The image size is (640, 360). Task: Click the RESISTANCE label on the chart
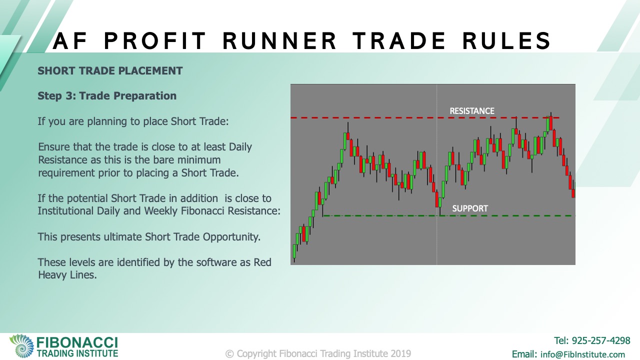(x=472, y=111)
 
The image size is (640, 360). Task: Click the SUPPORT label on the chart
(x=470, y=208)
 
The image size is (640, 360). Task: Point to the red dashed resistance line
(x=425, y=117)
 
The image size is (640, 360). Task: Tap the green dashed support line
(x=448, y=215)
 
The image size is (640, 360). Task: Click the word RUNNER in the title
(x=279, y=40)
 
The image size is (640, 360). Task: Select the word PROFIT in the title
(x=154, y=40)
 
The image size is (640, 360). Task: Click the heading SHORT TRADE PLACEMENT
(x=110, y=71)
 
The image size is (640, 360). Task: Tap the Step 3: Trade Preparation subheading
(x=107, y=96)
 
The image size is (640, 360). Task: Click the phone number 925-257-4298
(x=601, y=340)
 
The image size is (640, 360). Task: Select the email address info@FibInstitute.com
(x=582, y=354)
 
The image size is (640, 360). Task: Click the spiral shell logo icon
(x=21, y=346)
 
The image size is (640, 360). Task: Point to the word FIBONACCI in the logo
(x=77, y=342)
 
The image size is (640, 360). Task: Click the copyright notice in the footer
(x=318, y=353)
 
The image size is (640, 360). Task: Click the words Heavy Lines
(x=67, y=275)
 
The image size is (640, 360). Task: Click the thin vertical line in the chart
(x=436, y=174)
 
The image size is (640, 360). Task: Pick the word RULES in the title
(x=506, y=40)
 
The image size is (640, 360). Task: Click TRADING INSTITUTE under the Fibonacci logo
(x=77, y=353)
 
